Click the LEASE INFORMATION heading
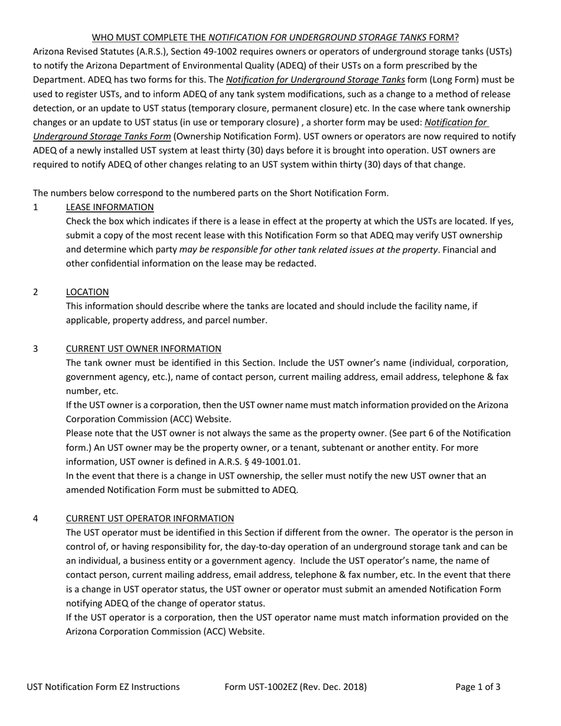tap(110, 207)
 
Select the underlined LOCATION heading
tap(87, 292)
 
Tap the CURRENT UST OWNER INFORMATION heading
tap(143, 349)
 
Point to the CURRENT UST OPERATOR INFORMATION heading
tap(150, 519)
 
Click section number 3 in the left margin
tap(36, 349)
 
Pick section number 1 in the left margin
tap(36, 207)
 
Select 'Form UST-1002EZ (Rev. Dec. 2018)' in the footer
tap(296, 687)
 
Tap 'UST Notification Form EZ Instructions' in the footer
tap(103, 687)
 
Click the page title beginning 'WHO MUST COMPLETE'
tap(275, 37)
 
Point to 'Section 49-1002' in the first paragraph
tap(177, 51)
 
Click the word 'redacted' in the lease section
tap(297, 264)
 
